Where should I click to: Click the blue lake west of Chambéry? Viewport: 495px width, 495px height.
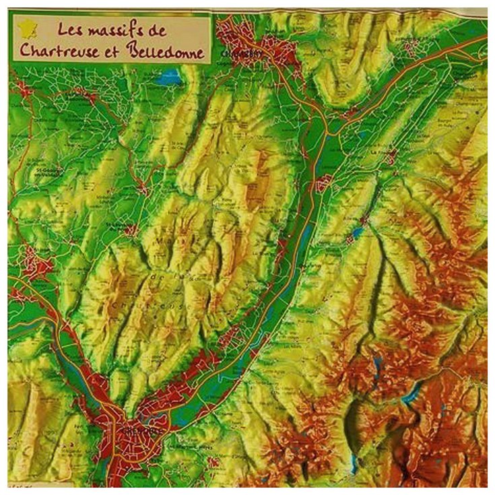(168, 77)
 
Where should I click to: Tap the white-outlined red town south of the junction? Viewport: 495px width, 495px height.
(323, 183)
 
